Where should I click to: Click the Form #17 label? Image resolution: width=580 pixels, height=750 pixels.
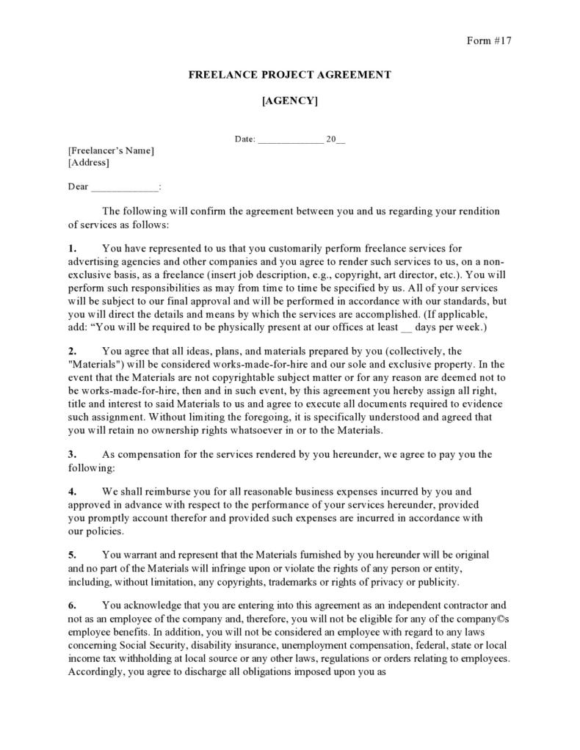pos(488,40)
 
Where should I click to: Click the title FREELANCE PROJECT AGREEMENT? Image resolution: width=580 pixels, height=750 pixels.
pos(290,74)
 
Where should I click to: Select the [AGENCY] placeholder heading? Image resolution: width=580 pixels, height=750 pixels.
pos(290,101)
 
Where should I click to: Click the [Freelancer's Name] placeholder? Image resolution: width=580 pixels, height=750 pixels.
pos(111,150)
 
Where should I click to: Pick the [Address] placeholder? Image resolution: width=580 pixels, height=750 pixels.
pos(88,162)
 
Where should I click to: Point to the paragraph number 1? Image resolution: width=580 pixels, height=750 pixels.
pos(72,249)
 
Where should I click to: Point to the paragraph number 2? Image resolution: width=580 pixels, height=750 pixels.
pos(72,351)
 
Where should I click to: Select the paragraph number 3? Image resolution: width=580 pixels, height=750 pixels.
pos(72,454)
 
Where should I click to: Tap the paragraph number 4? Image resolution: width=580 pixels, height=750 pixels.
pos(72,491)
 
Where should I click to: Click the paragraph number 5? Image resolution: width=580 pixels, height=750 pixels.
pos(72,555)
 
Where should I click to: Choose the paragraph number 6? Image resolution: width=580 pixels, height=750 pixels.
pos(72,605)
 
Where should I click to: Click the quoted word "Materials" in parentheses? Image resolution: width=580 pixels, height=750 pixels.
pos(95,363)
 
